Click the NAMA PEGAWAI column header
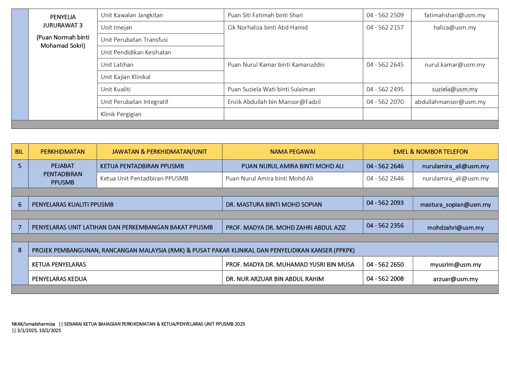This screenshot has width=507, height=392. coord(292,152)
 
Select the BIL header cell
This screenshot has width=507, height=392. coord(19,152)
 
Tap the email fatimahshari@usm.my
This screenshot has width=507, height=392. coord(454,15)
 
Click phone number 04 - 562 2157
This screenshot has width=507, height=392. coord(385,27)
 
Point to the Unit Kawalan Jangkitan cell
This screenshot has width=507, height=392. coord(132,15)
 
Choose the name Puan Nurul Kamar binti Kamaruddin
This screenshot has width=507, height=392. coord(276,65)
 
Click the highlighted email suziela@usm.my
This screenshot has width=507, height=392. coord(454,89)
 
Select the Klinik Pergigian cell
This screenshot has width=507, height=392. coord(121,114)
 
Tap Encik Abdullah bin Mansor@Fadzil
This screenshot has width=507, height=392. coord(274,102)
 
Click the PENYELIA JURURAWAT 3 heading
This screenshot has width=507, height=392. coord(63,21)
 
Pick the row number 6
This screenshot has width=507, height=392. coord(20,204)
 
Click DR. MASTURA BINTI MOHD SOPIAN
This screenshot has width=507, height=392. coord(273,204)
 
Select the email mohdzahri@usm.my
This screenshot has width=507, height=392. coord(455,228)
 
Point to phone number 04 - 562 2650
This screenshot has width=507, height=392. coord(385,264)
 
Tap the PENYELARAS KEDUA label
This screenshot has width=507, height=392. coord(59,279)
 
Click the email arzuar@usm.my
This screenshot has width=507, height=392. coord(455,279)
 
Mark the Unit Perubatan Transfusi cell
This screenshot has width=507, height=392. coord(134,40)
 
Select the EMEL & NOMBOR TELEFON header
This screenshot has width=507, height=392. coord(430,152)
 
